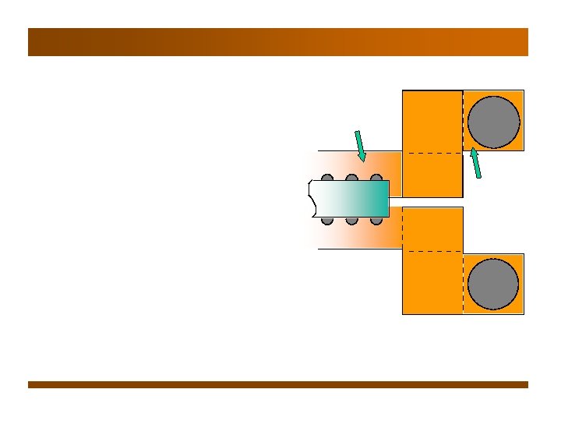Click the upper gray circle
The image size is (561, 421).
tap(493, 122)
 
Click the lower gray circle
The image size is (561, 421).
tap(493, 284)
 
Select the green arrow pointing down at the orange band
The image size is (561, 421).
tap(360, 147)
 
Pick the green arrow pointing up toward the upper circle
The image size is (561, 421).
tap(475, 164)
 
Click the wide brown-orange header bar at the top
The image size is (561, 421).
tap(278, 42)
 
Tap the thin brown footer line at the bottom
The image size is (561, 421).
tap(278, 384)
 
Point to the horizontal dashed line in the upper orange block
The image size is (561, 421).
tap(432, 154)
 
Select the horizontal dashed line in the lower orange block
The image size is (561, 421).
tap(432, 251)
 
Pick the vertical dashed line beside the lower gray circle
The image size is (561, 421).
tap(463, 284)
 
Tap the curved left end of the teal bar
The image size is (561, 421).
tap(312, 199)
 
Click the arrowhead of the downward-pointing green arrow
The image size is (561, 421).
tap(362, 159)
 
